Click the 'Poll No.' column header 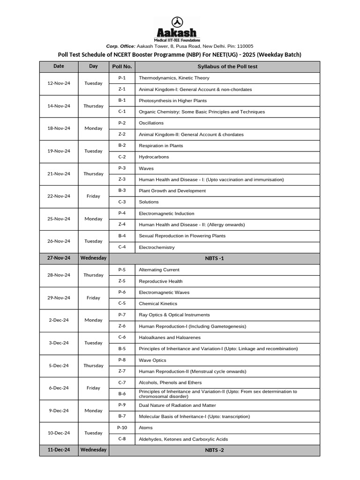pyautogui.click(x=122, y=67)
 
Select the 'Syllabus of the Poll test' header pyautogui.click(x=227, y=67)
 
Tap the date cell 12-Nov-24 pyautogui.click(x=59, y=83)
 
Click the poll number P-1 pyautogui.click(x=122, y=78)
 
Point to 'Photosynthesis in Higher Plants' pyautogui.click(x=172, y=101)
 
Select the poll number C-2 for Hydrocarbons pyautogui.click(x=122, y=157)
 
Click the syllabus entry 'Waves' pyautogui.click(x=146, y=168)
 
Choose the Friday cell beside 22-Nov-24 pyautogui.click(x=93, y=196)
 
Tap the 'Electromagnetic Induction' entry pyautogui.click(x=166, y=213)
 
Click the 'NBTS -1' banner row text pyautogui.click(x=214, y=258)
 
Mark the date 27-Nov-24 pyautogui.click(x=59, y=258)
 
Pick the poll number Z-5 pyautogui.click(x=122, y=281)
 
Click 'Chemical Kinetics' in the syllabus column pyautogui.click(x=158, y=304)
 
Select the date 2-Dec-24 pyautogui.click(x=59, y=320)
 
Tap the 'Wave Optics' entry pyautogui.click(x=152, y=360)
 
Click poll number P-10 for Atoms pyautogui.click(x=122, y=427)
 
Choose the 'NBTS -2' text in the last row pyautogui.click(x=214, y=450)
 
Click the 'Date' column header pyautogui.click(x=59, y=66)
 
